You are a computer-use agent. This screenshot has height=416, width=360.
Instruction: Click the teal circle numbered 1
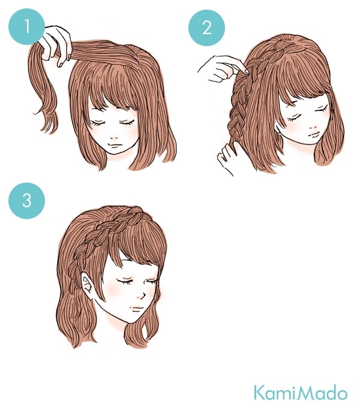[27, 26]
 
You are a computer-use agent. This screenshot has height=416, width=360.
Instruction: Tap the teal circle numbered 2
[206, 28]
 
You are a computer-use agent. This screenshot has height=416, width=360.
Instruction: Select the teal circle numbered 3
[27, 200]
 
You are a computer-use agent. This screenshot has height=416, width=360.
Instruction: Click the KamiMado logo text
[300, 393]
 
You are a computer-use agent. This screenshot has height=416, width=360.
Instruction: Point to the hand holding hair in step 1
[56, 45]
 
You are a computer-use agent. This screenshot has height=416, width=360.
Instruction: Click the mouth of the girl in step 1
[115, 145]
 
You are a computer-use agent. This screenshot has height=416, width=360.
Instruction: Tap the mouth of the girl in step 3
[137, 308]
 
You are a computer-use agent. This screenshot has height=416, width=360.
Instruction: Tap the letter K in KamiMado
[259, 393]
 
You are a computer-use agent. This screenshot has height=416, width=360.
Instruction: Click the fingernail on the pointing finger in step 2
[247, 71]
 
